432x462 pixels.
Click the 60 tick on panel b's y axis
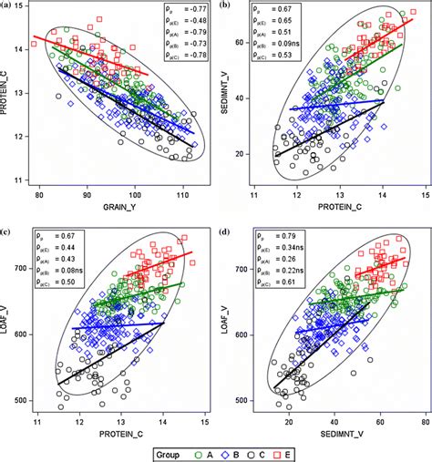point(249,44)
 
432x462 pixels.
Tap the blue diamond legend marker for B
point(224,451)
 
